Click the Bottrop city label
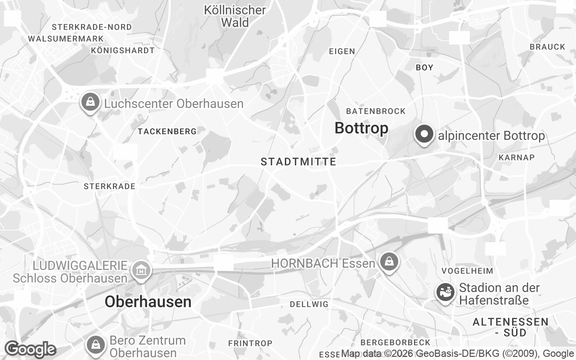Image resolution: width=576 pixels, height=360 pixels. pos(361,128)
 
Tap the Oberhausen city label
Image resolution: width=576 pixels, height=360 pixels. pos(148,301)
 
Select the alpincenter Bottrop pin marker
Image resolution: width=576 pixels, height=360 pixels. pos(424,135)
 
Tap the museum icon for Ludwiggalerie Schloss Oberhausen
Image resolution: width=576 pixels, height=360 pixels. pos(141,270)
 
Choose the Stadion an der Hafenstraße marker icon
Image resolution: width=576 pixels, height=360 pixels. pos(445,292)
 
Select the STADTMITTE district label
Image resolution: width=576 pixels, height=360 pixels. pos(298,162)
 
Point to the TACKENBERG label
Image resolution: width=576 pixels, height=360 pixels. pos(167,131)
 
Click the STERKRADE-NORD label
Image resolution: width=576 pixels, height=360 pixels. pos(92,27)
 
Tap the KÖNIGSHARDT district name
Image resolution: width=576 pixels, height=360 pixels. pos(123,50)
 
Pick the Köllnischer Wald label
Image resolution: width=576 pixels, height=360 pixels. pos(235,16)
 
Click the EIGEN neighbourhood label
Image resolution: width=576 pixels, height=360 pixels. pos(342,51)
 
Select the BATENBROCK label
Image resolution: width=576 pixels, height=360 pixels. pos(376,111)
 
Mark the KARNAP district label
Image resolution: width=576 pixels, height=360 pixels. pos(517,157)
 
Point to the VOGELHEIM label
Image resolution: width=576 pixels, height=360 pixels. pos(468,271)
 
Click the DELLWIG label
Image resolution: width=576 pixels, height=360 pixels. pos(309,304)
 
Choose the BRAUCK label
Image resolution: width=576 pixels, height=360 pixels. pos(547,47)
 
